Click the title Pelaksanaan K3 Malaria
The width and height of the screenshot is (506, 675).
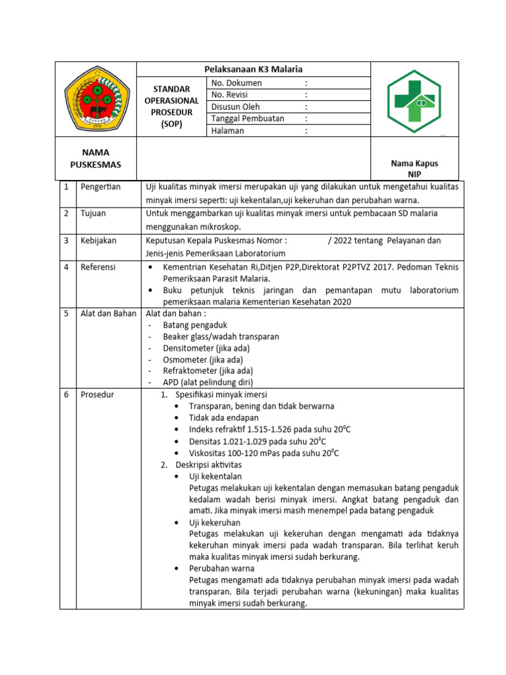(254, 69)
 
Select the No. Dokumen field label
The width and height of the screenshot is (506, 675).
(237, 83)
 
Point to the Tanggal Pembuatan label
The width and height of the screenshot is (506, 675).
(248, 119)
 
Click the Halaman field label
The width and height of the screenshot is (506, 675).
(228, 131)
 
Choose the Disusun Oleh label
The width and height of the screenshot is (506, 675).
(235, 107)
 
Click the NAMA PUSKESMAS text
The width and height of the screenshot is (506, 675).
(96, 158)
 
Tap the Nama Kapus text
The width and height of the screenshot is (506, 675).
(414, 163)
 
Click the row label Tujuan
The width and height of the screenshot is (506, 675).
(93, 214)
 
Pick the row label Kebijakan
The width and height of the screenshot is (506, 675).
(98, 241)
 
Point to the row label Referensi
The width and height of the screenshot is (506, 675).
(98, 267)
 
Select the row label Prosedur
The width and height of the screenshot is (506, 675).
(97, 394)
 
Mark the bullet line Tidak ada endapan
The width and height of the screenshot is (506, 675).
(223, 417)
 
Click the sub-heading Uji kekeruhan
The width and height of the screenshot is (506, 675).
(214, 522)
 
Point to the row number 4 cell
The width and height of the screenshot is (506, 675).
(66, 267)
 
